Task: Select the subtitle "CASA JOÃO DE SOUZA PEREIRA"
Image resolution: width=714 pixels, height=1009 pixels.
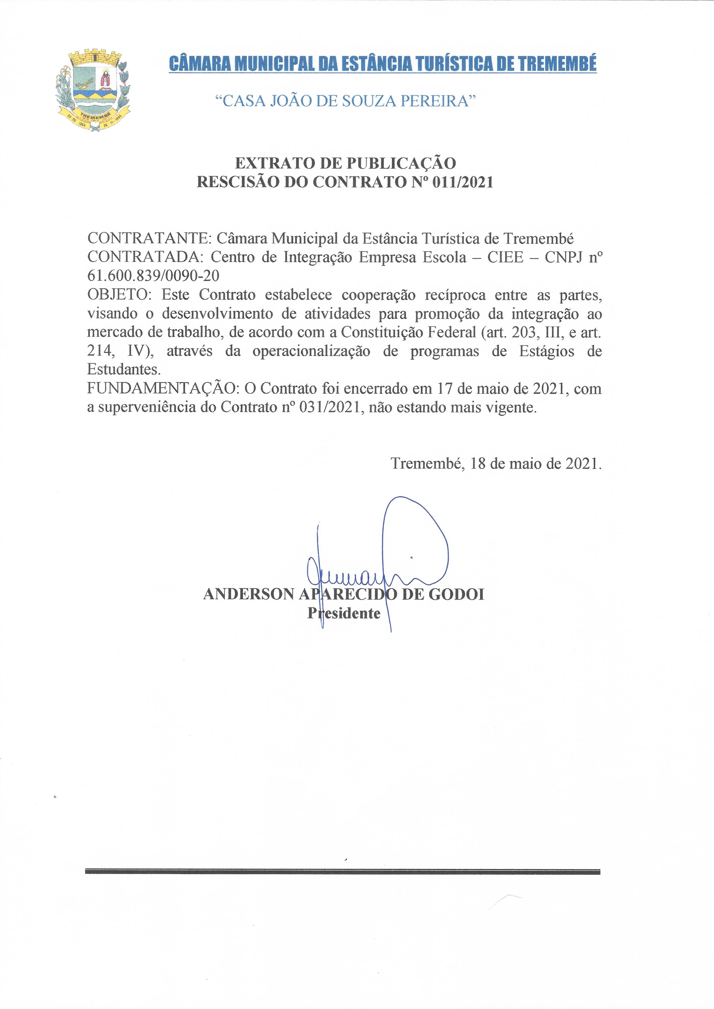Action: pyautogui.click(x=345, y=101)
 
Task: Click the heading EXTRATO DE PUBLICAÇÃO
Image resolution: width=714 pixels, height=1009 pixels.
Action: pyautogui.click(x=345, y=163)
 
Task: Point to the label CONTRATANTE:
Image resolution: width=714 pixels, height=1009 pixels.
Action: pyautogui.click(x=149, y=238)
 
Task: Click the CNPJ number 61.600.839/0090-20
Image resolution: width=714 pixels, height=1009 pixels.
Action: pyautogui.click(x=153, y=276)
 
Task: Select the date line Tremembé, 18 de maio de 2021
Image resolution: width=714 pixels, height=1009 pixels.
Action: pyautogui.click(x=496, y=463)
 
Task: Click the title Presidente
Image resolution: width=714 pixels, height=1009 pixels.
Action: pyautogui.click(x=343, y=613)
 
